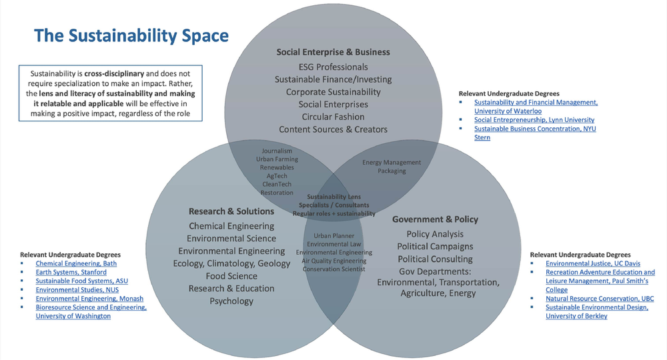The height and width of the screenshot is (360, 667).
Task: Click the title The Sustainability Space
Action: [x=131, y=36]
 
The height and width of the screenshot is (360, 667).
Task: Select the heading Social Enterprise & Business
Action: [x=333, y=52]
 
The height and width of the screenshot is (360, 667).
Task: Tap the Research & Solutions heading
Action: [x=231, y=211]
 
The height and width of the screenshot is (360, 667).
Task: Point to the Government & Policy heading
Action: [x=435, y=219]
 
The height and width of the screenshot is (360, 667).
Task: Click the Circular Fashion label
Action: [x=333, y=117]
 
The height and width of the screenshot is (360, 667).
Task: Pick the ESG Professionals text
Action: [x=333, y=67]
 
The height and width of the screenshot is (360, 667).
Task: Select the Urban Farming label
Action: [x=277, y=159]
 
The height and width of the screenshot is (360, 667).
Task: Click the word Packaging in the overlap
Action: [x=392, y=171]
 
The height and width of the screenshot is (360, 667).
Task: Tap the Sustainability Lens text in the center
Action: [x=334, y=197]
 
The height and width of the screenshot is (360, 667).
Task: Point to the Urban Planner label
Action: [x=334, y=235]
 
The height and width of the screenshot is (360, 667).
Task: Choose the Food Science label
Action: [x=231, y=276]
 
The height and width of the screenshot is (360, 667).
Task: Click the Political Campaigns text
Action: [x=435, y=247]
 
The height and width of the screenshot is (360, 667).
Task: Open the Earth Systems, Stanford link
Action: [x=71, y=272]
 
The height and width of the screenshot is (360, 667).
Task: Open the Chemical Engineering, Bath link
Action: [x=76, y=263]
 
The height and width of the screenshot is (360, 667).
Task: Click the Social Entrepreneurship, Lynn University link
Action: [x=534, y=120]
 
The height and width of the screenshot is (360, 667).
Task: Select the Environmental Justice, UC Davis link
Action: [x=593, y=263]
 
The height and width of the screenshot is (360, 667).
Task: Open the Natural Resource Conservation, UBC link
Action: [x=600, y=299]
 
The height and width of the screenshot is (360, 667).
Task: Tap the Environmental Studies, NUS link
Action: [x=77, y=290]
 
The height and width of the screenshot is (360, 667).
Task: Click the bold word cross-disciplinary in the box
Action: [x=114, y=73]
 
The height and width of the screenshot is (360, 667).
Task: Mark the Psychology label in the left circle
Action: [x=231, y=301]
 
